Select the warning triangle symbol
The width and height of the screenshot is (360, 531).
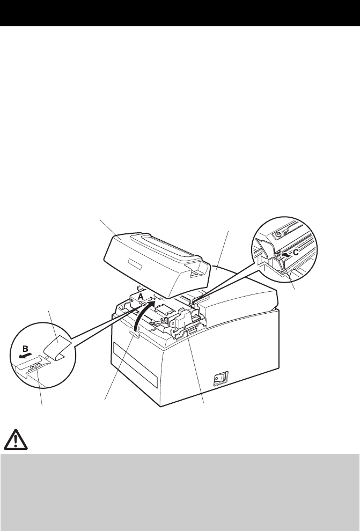tap(17, 440)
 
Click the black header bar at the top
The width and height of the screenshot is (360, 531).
tap(180, 14)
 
